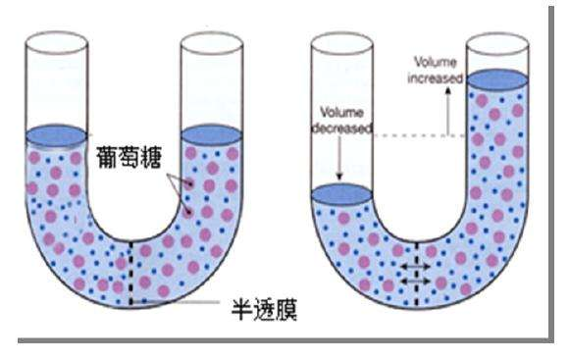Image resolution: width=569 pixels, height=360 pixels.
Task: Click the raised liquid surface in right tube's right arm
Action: click(497, 78)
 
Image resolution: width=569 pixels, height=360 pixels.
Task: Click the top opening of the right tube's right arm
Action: click(497, 41)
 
